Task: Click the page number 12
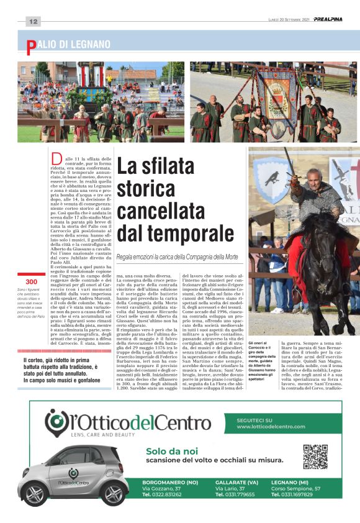tap(33, 21)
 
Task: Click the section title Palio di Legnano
tap(68, 45)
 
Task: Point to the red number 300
tap(31, 282)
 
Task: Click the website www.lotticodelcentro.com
tap(271, 427)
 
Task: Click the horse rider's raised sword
tap(290, 162)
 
